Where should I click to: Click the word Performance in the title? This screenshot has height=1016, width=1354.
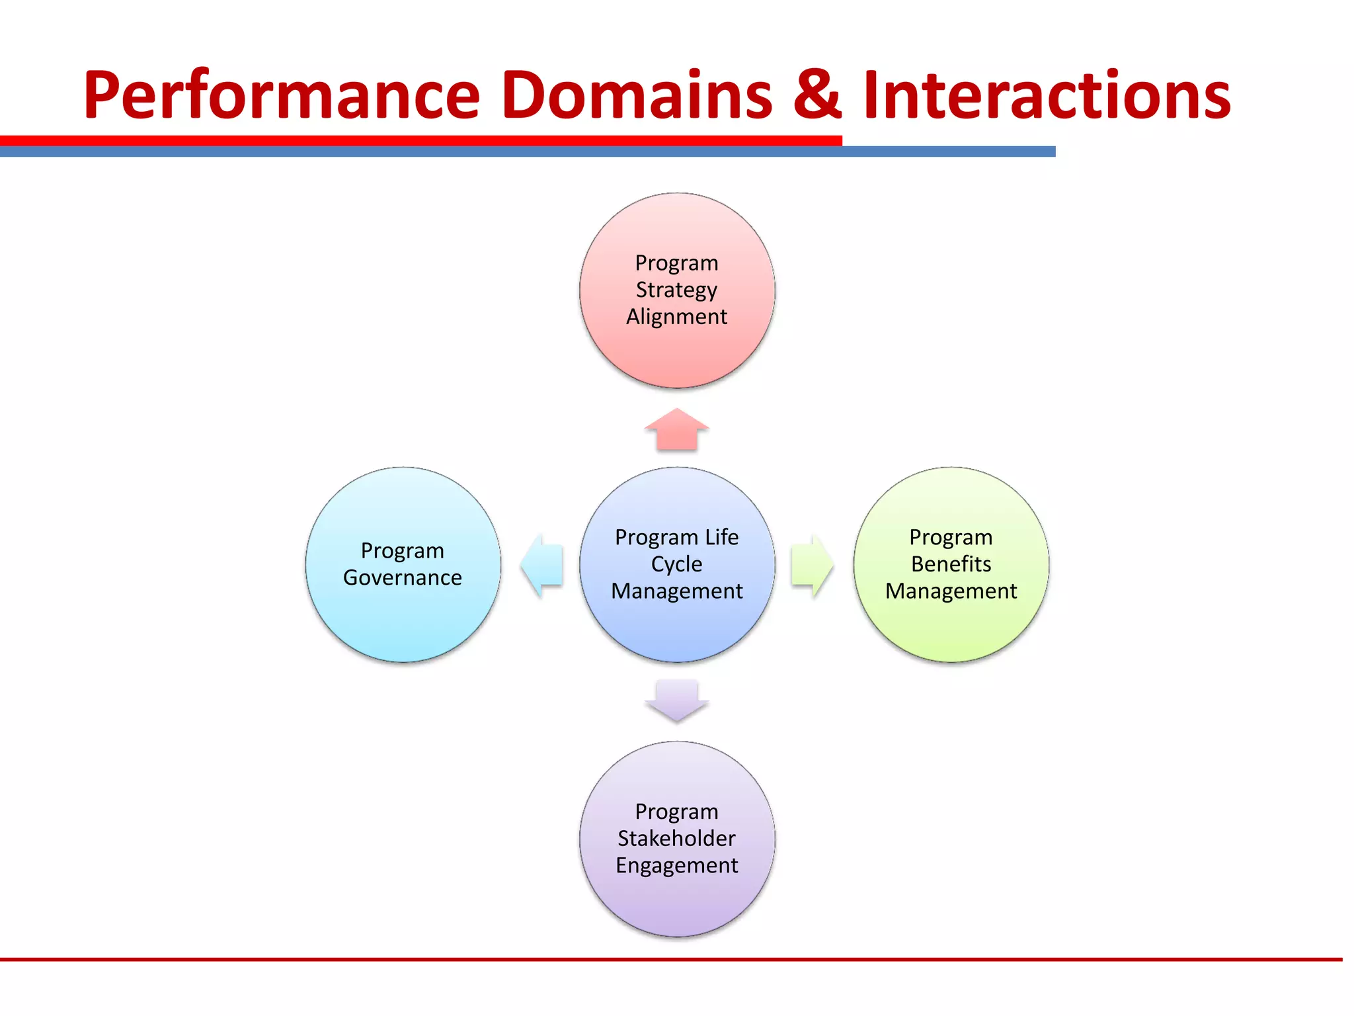[x=281, y=96]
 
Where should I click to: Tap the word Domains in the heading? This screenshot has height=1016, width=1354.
[x=636, y=96]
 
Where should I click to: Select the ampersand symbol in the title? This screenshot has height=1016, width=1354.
[x=816, y=96]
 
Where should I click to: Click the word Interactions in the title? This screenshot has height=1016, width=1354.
[x=1046, y=96]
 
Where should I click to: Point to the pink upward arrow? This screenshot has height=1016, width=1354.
[x=676, y=431]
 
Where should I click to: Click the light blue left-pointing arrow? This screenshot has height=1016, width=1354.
[x=542, y=566]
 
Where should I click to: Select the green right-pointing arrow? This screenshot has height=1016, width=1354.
[x=812, y=566]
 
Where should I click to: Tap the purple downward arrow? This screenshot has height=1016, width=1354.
[x=676, y=700]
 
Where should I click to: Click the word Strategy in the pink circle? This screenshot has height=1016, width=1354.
[x=676, y=290]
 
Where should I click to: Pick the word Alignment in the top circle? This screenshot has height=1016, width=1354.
[x=676, y=317]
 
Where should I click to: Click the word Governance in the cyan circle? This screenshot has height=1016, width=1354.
[x=402, y=578]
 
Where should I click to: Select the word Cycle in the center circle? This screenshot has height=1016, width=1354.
[x=676, y=564]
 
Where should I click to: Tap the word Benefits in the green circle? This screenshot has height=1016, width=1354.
[x=951, y=564]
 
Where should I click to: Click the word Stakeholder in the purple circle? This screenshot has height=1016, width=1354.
[x=676, y=839]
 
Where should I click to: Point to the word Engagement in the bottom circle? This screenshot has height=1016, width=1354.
[x=676, y=866]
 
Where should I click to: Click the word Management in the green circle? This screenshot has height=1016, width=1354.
[x=951, y=591]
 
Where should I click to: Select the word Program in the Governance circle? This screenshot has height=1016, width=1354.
[x=402, y=550]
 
